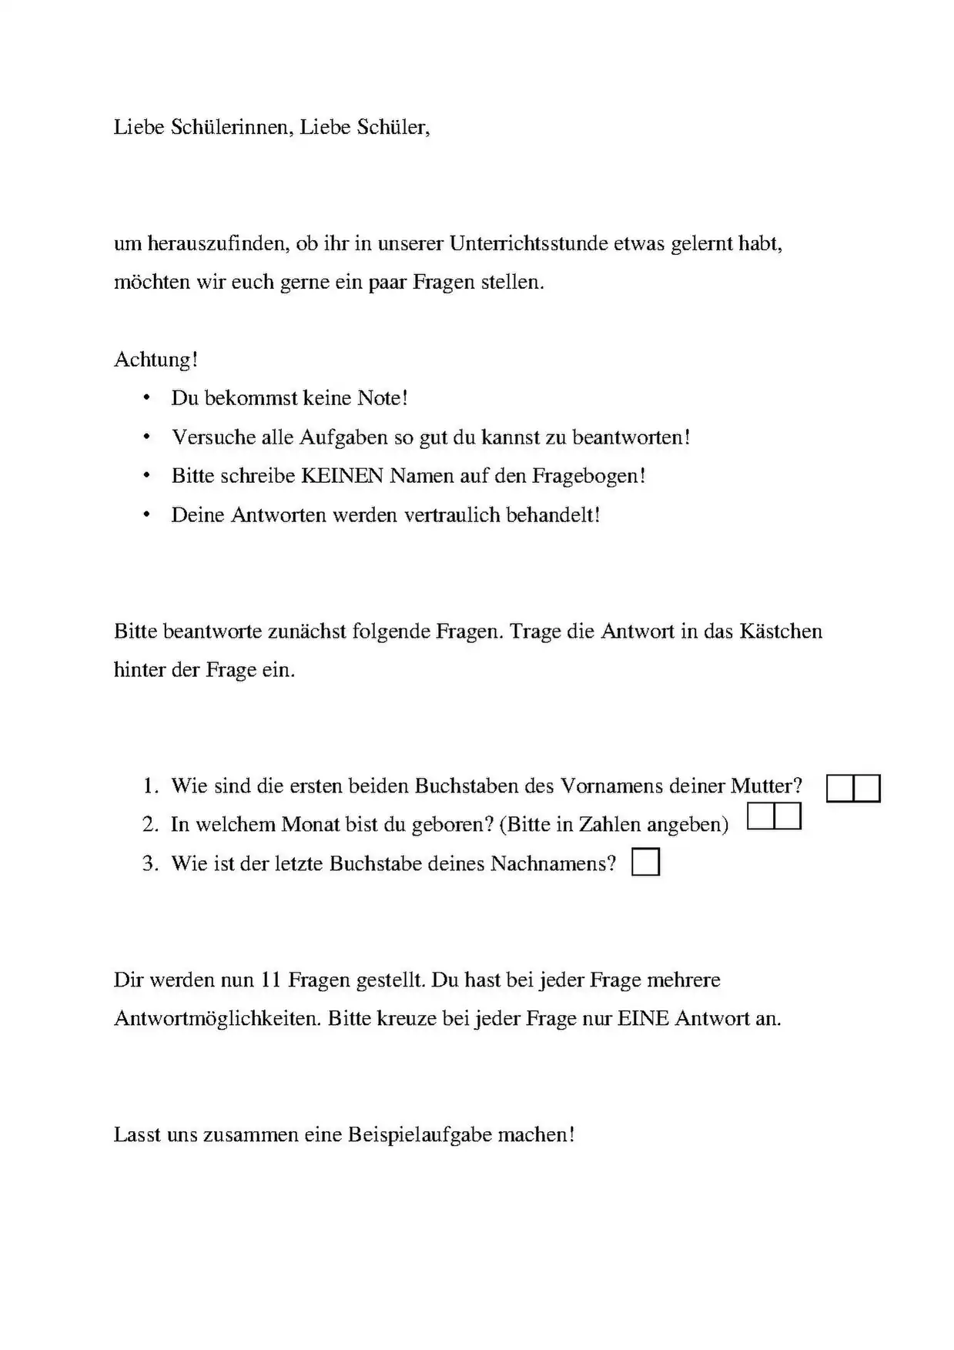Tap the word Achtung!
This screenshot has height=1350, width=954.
[156, 360]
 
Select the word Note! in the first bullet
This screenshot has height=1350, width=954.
[382, 398]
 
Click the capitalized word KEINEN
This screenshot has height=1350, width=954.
[342, 476]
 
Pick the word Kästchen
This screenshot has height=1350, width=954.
[781, 631]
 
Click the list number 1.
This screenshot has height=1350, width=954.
[149, 786]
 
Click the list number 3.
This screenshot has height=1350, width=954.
[149, 864]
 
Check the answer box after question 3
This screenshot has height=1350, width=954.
[645, 863]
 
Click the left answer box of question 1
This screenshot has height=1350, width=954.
[840, 789]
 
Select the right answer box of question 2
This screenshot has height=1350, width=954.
[788, 816]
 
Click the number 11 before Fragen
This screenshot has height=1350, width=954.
[269, 980]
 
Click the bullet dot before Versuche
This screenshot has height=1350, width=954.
[146, 437]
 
